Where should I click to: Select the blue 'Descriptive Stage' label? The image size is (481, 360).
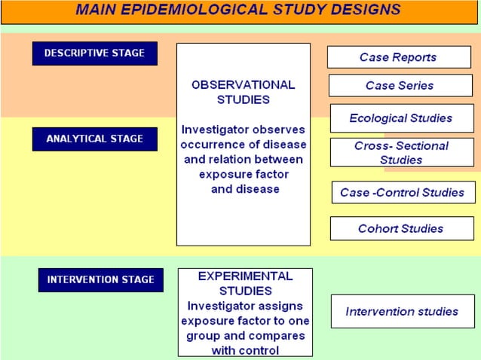click(94, 53)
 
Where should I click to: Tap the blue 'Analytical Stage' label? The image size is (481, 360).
click(94, 139)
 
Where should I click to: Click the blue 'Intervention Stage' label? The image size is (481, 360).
click(100, 279)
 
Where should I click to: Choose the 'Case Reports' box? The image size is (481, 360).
click(397, 57)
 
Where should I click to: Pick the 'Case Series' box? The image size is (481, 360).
click(400, 86)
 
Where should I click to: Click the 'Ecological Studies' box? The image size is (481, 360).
click(400, 118)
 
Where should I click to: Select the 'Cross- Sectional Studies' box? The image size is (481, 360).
click(401, 153)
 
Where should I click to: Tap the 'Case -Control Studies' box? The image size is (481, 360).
click(403, 192)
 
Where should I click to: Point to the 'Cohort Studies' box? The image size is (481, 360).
click(400, 228)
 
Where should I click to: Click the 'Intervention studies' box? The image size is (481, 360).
click(401, 311)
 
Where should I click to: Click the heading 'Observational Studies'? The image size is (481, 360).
click(243, 92)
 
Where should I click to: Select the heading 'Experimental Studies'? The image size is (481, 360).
click(245, 283)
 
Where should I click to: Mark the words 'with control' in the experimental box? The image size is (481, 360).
click(245, 350)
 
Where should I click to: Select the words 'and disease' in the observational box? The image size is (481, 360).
click(244, 189)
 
